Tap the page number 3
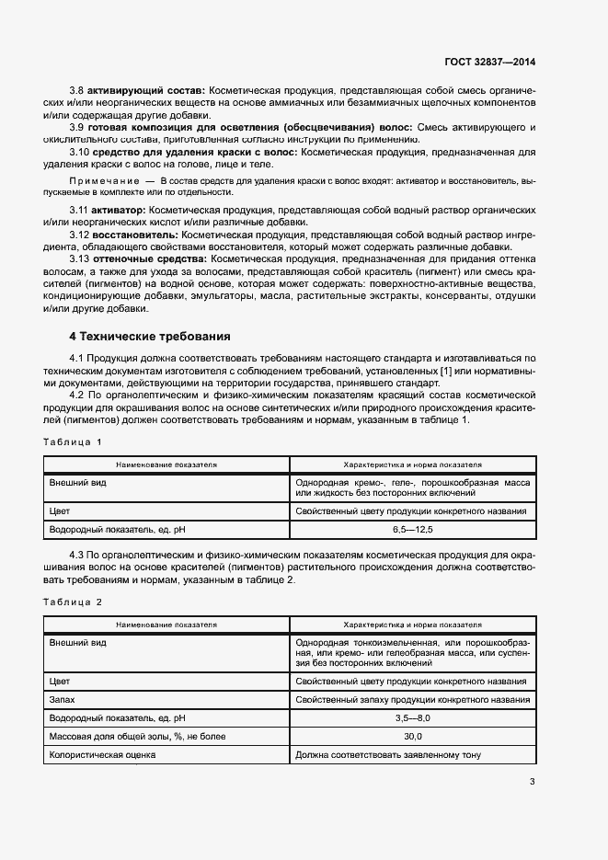532,782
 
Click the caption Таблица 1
73,443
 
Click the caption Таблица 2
73,601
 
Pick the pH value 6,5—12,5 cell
412,530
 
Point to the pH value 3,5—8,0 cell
412,717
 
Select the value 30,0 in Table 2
412,737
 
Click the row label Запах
63,699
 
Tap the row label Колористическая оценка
103,755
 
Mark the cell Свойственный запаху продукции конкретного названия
411,699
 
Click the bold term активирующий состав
146,93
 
